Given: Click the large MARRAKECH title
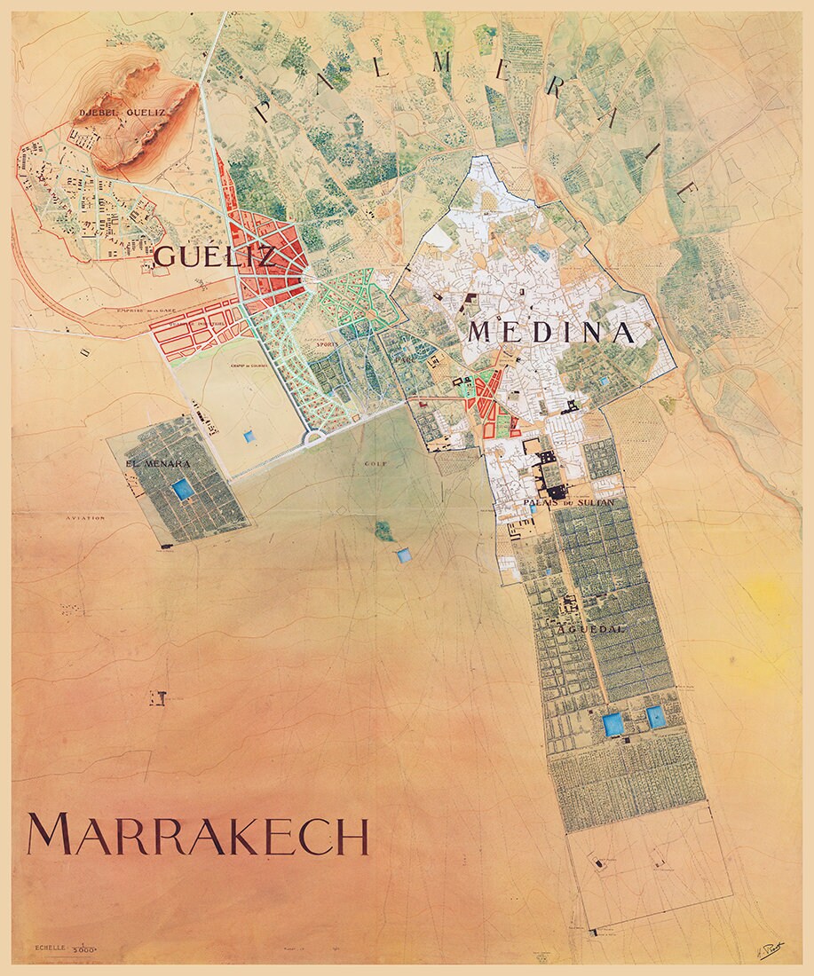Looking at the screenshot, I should [198, 835].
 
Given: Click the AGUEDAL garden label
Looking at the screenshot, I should [594, 628].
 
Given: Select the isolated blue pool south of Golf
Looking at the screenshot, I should [404, 555].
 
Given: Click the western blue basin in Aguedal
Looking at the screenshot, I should [612, 724].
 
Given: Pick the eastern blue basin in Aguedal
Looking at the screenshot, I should [656, 716].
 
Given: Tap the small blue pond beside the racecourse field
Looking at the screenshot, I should [247, 437].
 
